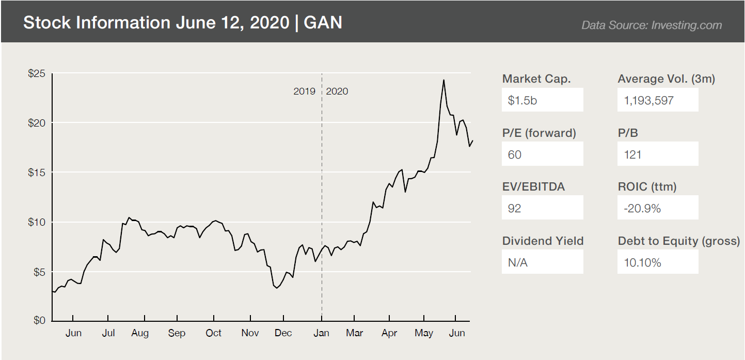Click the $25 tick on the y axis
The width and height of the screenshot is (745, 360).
pos(37,73)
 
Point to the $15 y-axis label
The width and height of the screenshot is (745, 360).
pos(37,172)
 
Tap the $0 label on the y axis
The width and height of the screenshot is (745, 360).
pos(39,320)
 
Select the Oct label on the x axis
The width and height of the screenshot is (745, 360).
pos(213,333)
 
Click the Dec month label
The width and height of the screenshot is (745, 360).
pos(283,333)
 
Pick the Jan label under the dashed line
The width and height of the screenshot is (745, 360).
pos(322,333)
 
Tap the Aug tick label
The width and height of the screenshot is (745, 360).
pos(140,333)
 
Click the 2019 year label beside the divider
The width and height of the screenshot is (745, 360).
pos(304,91)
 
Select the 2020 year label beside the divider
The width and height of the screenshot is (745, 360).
pos(337,91)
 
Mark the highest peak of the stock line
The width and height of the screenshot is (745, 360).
pos(443,80)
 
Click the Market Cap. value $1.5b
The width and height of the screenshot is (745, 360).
pos(522,100)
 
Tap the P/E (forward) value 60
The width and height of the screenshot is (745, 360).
pos(515,154)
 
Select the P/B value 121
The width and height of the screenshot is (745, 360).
pos(632,154)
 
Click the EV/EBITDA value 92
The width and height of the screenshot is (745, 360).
pos(515,208)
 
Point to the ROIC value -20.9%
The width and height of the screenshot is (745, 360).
pos(642,208)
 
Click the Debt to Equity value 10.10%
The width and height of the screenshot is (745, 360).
pos(642,262)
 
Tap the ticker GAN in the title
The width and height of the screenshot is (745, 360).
pos(323,23)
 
